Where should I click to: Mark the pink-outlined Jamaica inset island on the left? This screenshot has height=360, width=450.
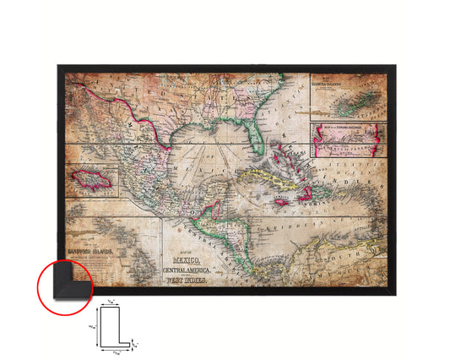pyautogui.click(x=89, y=177)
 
